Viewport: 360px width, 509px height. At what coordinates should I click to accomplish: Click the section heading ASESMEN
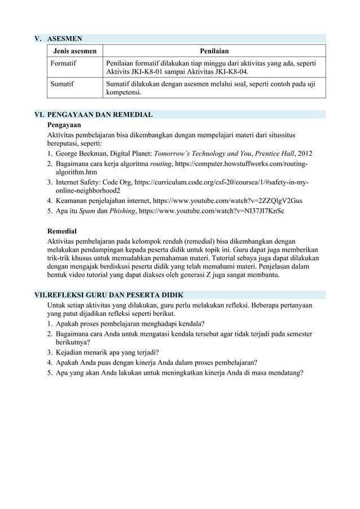65,39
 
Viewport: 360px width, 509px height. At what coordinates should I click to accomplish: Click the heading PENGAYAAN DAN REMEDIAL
100,115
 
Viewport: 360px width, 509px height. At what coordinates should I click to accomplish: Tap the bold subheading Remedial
62,231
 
